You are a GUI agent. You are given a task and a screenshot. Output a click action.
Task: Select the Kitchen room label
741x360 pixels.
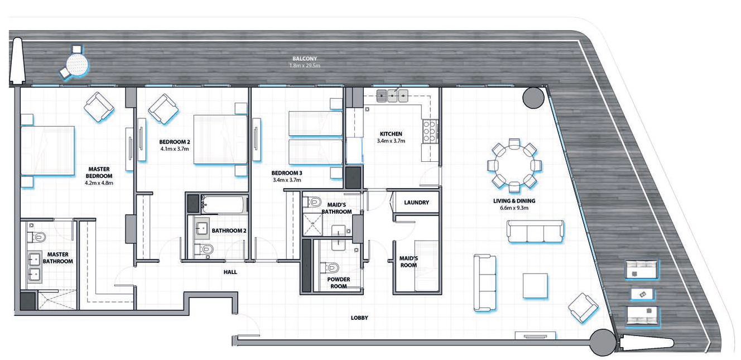click(x=391, y=134)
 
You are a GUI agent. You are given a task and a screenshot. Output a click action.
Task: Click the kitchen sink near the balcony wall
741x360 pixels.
click(x=392, y=97)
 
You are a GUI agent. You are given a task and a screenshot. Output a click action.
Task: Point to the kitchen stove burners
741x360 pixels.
click(x=429, y=131)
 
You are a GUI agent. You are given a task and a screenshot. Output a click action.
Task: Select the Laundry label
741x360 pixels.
click(x=416, y=203)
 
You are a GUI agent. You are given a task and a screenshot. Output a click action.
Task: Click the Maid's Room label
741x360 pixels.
click(x=409, y=262)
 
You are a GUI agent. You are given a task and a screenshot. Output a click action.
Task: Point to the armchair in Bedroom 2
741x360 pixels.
click(x=163, y=108)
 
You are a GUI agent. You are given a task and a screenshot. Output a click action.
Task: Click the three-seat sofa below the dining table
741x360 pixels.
click(x=535, y=231)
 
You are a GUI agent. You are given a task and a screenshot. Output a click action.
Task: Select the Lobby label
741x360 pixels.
click(x=359, y=318)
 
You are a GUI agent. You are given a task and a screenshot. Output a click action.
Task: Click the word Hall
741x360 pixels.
click(x=230, y=272)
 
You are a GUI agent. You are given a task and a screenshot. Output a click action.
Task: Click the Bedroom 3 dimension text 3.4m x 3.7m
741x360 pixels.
click(x=286, y=180)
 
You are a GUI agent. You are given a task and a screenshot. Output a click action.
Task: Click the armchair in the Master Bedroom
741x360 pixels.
click(x=99, y=105)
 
